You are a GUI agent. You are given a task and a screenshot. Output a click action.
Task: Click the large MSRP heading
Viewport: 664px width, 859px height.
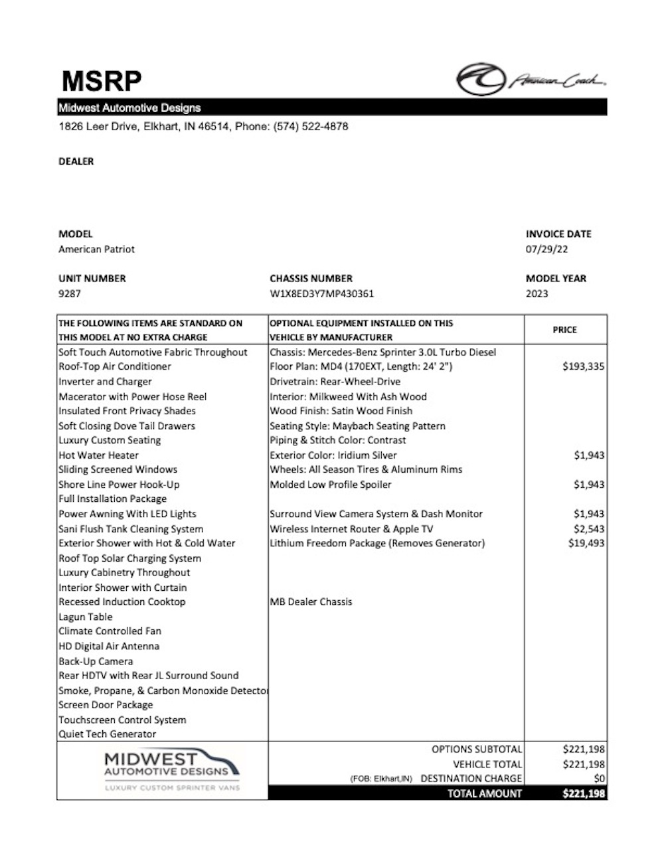[x=101, y=81]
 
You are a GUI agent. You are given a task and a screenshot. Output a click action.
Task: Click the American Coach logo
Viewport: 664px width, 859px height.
[x=531, y=80]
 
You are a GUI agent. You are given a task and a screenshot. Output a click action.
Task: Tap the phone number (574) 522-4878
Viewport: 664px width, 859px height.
[x=310, y=126]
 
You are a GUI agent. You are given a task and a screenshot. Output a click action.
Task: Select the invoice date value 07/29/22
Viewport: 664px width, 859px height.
[x=546, y=250]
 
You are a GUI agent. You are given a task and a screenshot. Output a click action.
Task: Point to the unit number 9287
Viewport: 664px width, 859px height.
[x=70, y=293]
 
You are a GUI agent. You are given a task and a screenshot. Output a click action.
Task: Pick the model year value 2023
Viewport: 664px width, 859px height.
[x=537, y=293]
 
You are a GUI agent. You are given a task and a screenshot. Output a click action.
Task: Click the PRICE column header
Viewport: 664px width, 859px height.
[x=564, y=330]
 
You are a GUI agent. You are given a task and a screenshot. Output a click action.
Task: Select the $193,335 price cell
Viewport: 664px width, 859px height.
[x=583, y=366]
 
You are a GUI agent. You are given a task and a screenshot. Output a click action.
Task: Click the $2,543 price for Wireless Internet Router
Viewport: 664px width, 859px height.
[x=588, y=529]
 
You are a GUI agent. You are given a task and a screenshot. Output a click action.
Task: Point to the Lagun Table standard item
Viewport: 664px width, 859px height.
[x=86, y=617]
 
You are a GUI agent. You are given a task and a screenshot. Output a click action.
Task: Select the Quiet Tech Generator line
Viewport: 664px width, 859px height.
[x=108, y=734]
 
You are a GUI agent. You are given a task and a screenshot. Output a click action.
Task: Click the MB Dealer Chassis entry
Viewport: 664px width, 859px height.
[x=311, y=602]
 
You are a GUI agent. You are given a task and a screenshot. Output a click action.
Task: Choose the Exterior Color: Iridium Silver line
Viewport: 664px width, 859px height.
[x=333, y=455]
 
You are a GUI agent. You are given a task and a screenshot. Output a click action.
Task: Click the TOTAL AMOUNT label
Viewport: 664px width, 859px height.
[x=485, y=793]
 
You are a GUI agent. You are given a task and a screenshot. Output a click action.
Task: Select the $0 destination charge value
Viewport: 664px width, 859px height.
[x=599, y=779]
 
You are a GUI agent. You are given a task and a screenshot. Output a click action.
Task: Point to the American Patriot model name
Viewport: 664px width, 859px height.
[x=97, y=250]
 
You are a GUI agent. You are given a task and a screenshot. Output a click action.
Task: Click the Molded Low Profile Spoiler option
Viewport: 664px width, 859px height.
[x=331, y=485]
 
